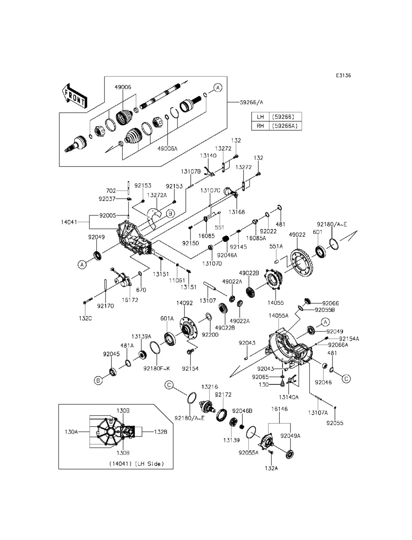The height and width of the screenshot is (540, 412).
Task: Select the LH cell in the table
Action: pos(260,117)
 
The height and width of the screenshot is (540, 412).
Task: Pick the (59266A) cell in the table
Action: pos(285,126)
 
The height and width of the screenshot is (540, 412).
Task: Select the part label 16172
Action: pos(130,300)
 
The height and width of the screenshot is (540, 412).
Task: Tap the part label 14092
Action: pos(185,303)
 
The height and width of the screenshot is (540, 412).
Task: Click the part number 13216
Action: pos(209,387)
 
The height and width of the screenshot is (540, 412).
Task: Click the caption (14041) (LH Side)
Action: pos(136,464)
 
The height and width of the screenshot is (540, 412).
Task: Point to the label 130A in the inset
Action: pos(71,432)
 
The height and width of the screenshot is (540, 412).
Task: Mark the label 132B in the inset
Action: pos(160,432)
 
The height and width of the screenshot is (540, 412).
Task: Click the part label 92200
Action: pos(210,335)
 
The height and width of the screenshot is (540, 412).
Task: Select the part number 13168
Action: pos(237,212)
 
